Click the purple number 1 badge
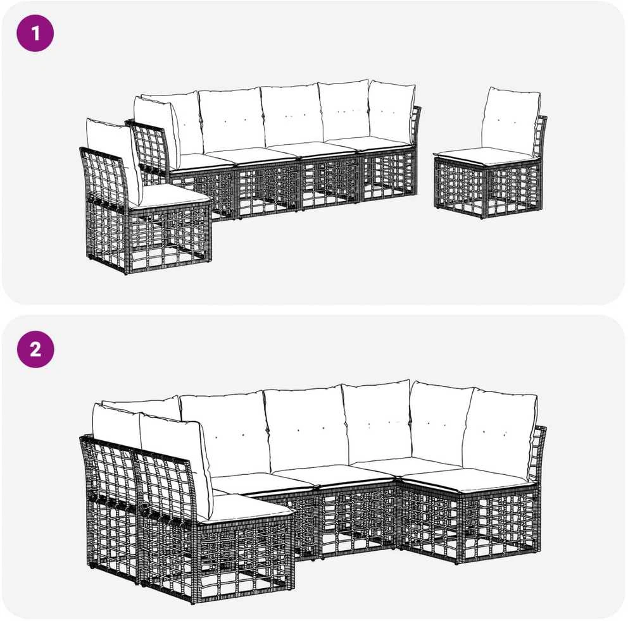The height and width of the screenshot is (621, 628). (35, 34)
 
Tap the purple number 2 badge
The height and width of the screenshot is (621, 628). (35, 349)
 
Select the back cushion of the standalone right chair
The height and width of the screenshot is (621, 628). (511, 122)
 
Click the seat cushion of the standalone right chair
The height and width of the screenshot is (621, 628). (486, 156)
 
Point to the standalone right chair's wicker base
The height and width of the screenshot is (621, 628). (489, 187)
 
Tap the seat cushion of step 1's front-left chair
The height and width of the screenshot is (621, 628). (174, 196)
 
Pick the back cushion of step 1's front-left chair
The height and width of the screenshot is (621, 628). (114, 160)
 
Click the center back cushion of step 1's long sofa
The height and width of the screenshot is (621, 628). (291, 115)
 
